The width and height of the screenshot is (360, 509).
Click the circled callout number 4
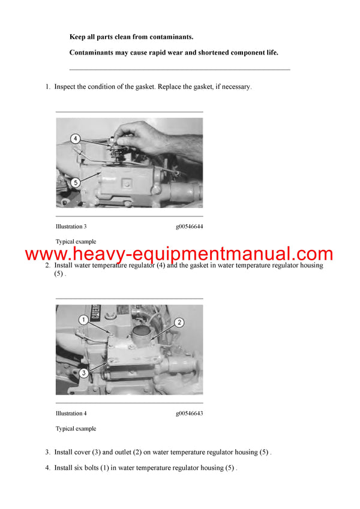[75, 138]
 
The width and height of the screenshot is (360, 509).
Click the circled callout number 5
[75, 182]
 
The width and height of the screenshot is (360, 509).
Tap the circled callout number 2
[178, 323]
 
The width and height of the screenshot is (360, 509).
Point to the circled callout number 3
[84, 372]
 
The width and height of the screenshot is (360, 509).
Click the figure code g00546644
[189, 227]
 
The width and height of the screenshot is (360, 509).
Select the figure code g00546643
[189, 413]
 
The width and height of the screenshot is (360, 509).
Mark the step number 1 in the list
[48, 87]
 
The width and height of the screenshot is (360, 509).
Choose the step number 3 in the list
[48, 452]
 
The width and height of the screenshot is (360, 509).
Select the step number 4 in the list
[48, 468]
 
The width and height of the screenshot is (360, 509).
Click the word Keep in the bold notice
[78, 37]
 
